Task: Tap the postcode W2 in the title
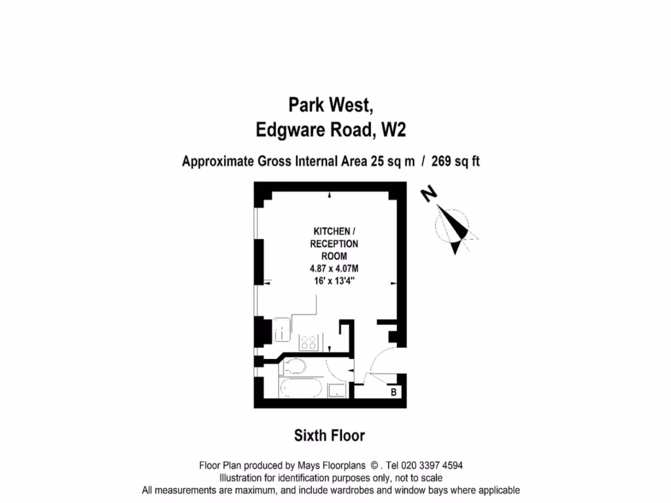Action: (x=393, y=130)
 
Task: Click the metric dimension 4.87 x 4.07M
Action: (x=335, y=268)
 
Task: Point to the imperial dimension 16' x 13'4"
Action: (x=335, y=280)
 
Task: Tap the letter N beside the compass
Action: (x=429, y=194)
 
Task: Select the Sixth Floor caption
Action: (x=330, y=436)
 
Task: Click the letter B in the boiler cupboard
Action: (x=393, y=392)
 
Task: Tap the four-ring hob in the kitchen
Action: (x=309, y=342)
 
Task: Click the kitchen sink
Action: (x=280, y=327)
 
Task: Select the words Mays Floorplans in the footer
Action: (x=336, y=466)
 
